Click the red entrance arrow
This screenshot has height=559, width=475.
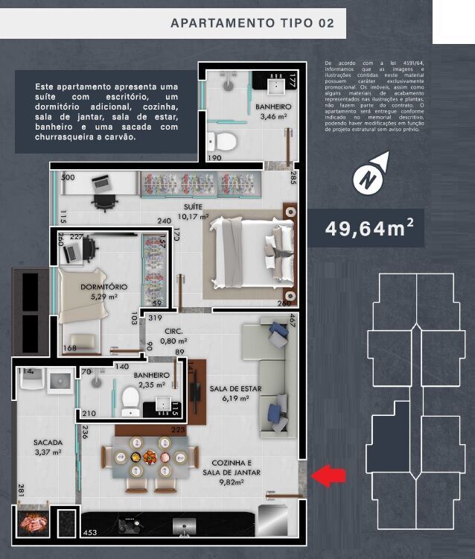(328, 476)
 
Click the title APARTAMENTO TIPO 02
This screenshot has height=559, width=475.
(252, 22)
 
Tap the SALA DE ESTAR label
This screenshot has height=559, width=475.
(234, 388)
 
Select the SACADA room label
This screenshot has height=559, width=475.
(48, 442)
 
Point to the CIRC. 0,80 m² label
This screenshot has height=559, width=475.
(174, 330)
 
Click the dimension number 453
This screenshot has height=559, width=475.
(90, 532)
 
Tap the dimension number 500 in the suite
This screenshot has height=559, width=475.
(68, 178)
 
